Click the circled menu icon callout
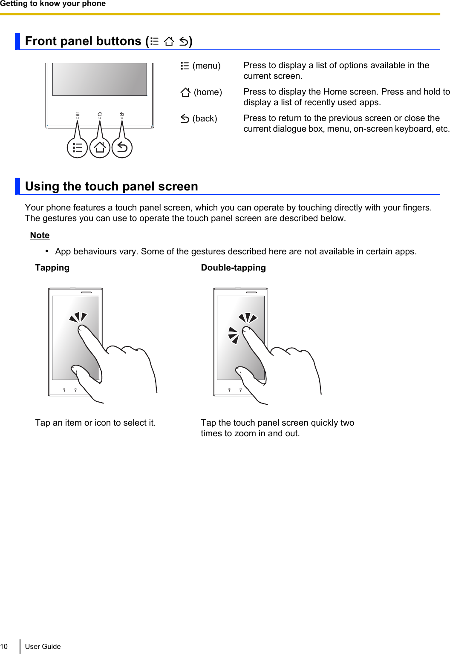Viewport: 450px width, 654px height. click(x=77, y=148)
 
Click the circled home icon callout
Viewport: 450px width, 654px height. click(x=100, y=148)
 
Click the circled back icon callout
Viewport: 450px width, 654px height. click(x=122, y=148)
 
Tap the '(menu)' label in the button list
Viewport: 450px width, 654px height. click(x=206, y=66)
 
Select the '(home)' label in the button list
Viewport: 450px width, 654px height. click(x=208, y=92)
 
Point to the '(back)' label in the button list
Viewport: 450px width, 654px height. click(x=205, y=119)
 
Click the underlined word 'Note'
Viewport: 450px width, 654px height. click(x=40, y=236)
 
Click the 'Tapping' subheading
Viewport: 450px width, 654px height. click(x=52, y=268)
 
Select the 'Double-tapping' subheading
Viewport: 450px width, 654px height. click(x=233, y=268)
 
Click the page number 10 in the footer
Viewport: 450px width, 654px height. click(x=4, y=646)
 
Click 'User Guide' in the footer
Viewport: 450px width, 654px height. click(x=43, y=646)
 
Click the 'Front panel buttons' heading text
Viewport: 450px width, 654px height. click(x=83, y=41)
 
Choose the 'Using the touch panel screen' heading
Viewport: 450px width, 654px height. click(x=111, y=187)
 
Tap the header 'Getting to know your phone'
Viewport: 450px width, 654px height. click(x=53, y=4)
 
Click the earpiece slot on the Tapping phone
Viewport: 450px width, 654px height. click(x=87, y=292)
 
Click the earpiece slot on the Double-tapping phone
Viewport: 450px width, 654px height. click(x=251, y=292)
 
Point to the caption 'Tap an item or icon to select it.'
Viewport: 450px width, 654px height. click(x=95, y=423)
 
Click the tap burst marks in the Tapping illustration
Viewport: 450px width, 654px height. click(x=78, y=317)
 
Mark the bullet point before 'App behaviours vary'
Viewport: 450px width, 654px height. click(x=47, y=251)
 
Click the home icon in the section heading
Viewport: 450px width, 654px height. click(x=169, y=41)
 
